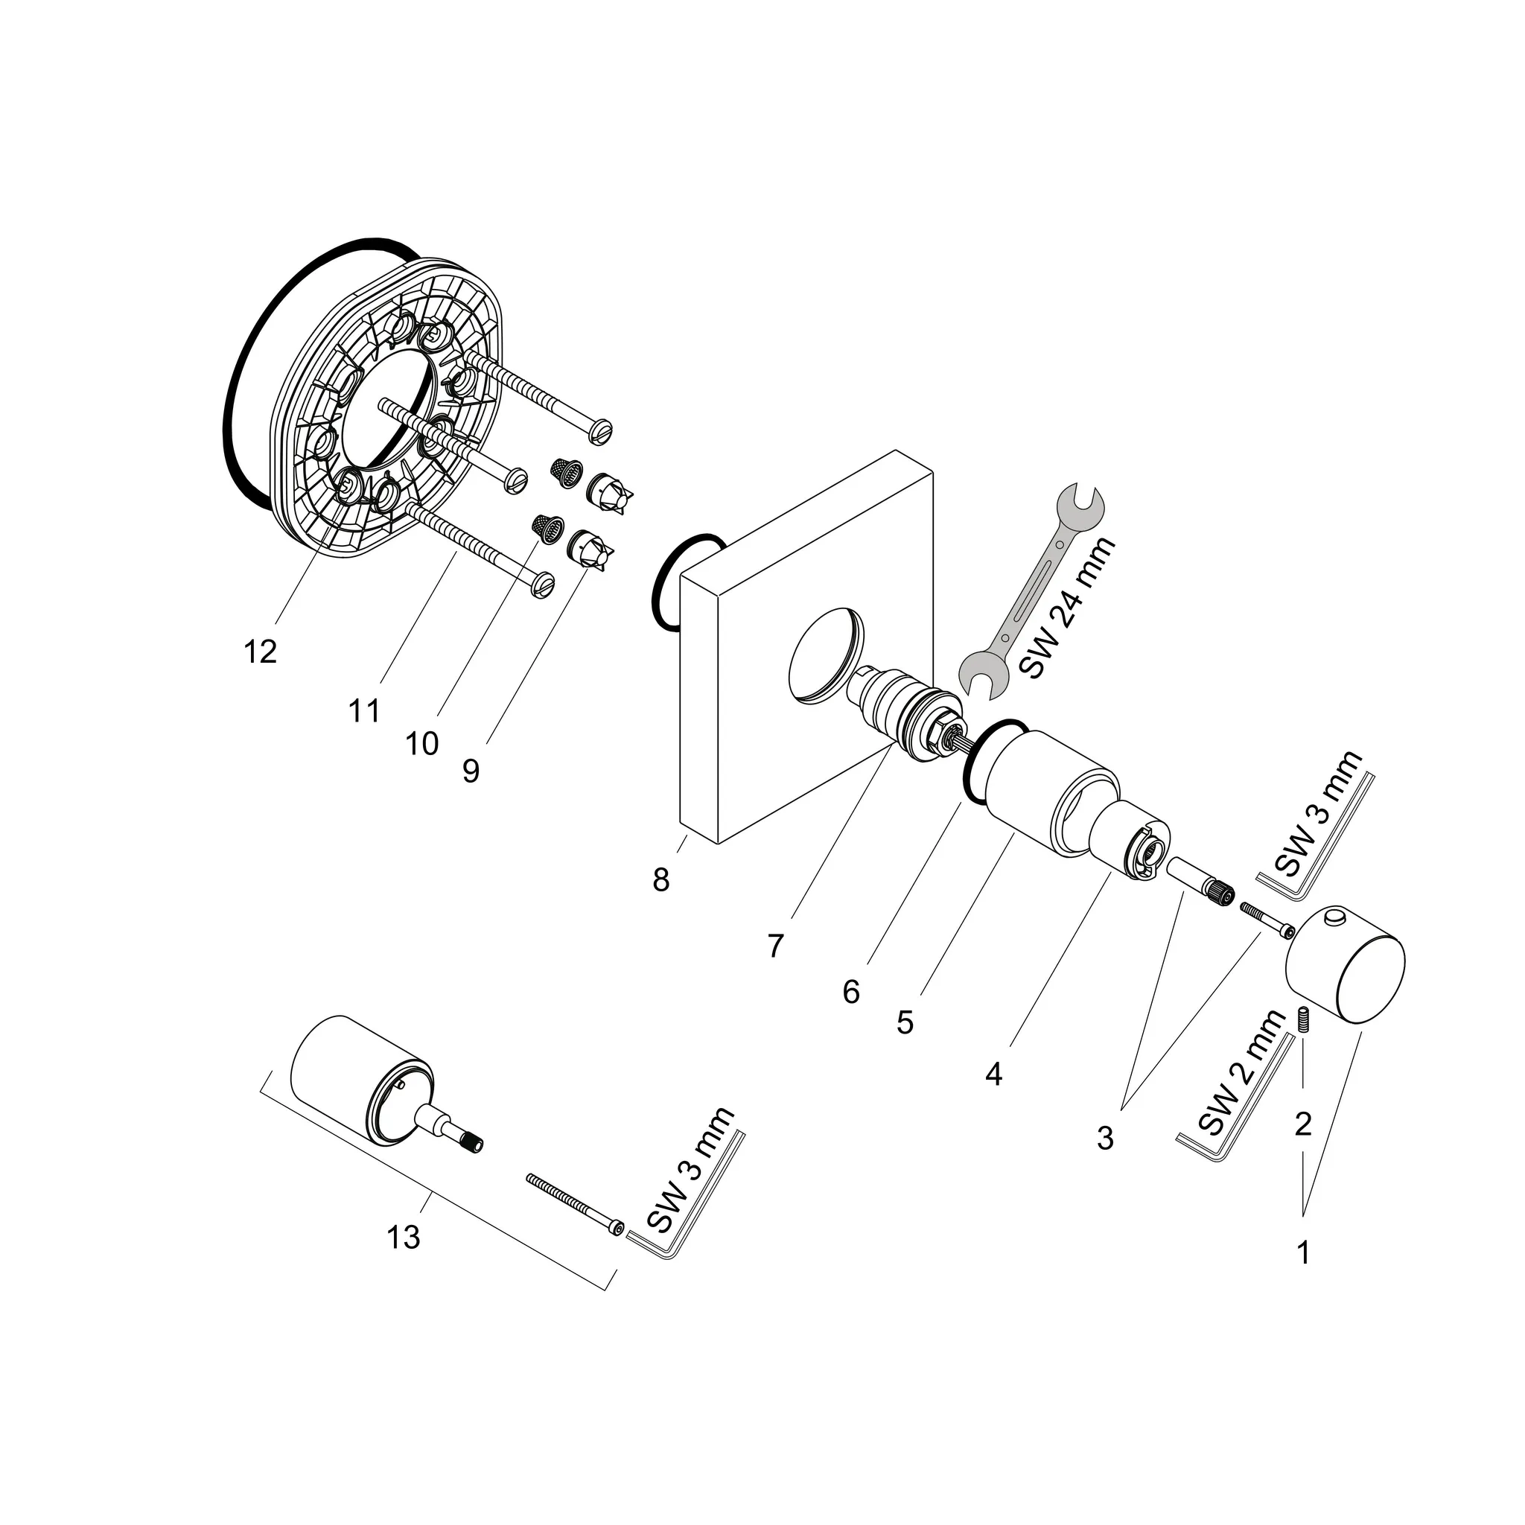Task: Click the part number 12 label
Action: (260, 652)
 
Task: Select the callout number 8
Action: (660, 879)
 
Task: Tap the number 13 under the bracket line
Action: (403, 1237)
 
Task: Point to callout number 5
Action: (905, 1022)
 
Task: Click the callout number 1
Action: (1303, 1252)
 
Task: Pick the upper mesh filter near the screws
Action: (565, 471)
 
